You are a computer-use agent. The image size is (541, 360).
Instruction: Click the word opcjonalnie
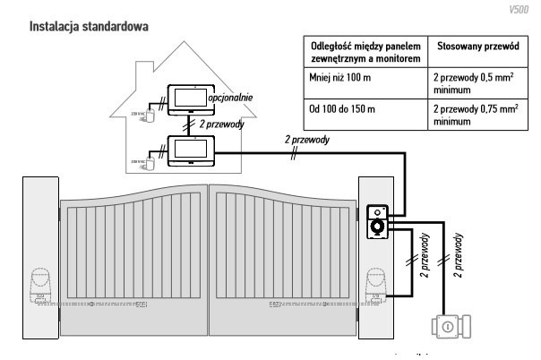click(x=233, y=94)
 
